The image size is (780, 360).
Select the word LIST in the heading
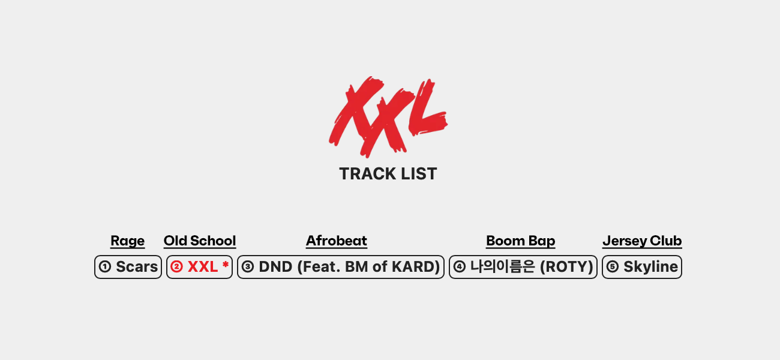[419, 174]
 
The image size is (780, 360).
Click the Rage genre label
[127, 241]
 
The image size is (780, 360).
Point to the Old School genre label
[200, 241]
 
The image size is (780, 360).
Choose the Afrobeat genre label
[337, 241]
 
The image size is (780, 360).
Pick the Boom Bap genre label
[521, 241]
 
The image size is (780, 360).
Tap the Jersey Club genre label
[642, 241]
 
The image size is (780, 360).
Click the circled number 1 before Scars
[105, 266]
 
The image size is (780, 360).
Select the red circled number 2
[176, 266]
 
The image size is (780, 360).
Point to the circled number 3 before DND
[248, 266]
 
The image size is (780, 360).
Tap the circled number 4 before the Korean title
[459, 266]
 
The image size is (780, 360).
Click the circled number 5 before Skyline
[613, 266]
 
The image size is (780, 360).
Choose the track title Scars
[137, 266]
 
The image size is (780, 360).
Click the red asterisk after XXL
[225, 265]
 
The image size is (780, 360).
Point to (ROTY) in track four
[566, 266]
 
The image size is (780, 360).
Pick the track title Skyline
[651, 266]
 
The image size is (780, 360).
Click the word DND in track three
[275, 266]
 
